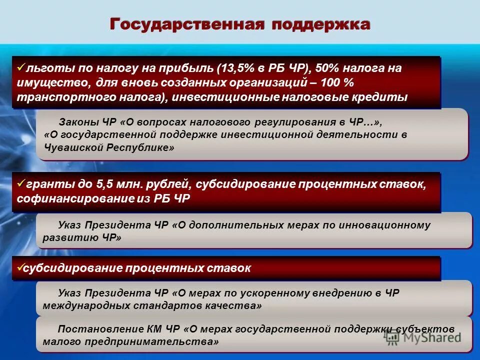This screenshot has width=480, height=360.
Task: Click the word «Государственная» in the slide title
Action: coord(186,24)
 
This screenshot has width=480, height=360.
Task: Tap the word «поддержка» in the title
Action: coord(321,24)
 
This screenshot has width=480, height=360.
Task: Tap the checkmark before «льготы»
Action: coord(20,66)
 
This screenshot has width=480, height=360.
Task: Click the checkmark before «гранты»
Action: coord(20,183)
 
